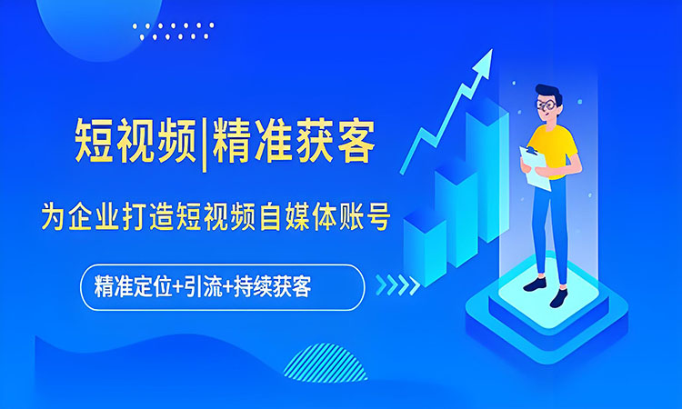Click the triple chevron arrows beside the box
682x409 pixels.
397,285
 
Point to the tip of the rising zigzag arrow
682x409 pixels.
486,57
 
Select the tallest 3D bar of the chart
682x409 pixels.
486,173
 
